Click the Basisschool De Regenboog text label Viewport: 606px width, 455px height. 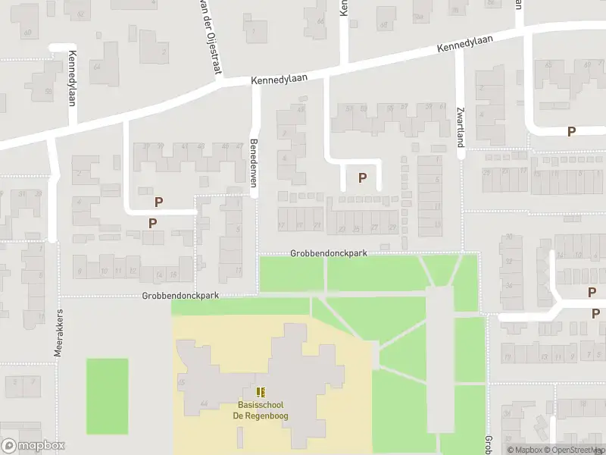[261, 411]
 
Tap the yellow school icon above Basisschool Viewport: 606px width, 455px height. [261, 392]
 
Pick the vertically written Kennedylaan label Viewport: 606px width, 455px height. [73, 77]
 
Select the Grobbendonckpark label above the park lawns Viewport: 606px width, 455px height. [328, 253]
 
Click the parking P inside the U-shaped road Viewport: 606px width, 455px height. [362, 178]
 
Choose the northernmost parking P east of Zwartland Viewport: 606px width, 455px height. [571, 131]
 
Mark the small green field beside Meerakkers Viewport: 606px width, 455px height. [107, 385]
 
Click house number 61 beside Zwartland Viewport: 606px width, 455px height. [442, 107]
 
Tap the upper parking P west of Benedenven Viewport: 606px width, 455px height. [159, 202]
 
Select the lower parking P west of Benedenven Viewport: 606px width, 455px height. [152, 223]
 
